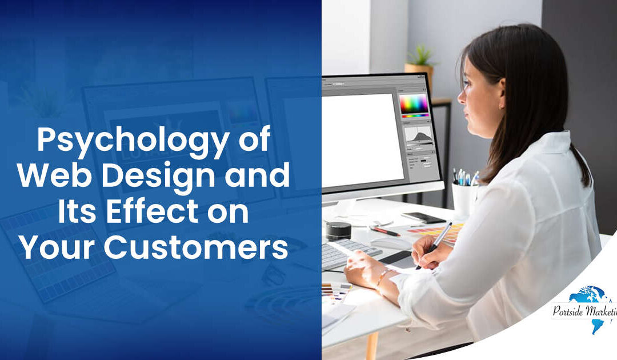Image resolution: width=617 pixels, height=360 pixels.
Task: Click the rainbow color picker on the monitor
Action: (414, 103)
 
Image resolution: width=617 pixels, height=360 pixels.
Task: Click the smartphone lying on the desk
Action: (423, 218)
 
